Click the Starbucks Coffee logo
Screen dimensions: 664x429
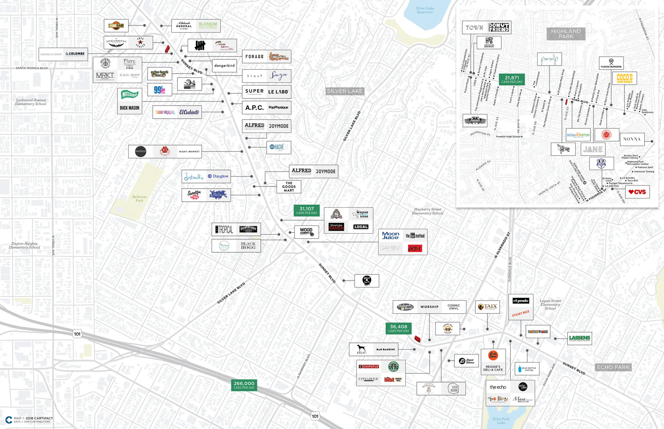point(393,367)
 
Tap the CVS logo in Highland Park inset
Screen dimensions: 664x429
point(637,192)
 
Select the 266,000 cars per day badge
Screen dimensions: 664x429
point(244,385)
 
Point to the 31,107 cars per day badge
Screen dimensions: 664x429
point(306,210)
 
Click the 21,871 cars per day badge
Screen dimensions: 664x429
point(512,79)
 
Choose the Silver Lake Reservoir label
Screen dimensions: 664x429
point(425,10)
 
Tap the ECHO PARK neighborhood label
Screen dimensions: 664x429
point(613,367)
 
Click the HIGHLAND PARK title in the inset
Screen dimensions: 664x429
point(565,34)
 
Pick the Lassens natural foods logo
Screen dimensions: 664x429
point(580,338)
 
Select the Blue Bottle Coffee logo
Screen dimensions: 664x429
point(527,369)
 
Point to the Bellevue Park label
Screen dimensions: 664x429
point(139,198)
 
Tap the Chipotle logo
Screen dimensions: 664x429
point(369,367)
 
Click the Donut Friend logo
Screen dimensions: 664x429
point(499,27)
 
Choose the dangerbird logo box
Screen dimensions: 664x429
point(224,65)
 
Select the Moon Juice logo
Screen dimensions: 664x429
point(390,236)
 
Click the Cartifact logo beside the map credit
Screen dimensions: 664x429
point(9,419)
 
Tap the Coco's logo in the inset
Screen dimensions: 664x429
point(624,78)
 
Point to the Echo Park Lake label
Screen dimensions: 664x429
point(501,421)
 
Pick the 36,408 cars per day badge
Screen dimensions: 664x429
point(398,328)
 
